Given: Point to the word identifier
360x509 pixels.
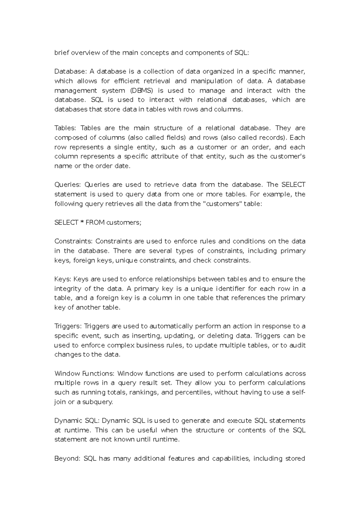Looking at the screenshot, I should click(232, 289).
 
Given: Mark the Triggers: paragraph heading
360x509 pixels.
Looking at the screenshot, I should click(68, 326).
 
